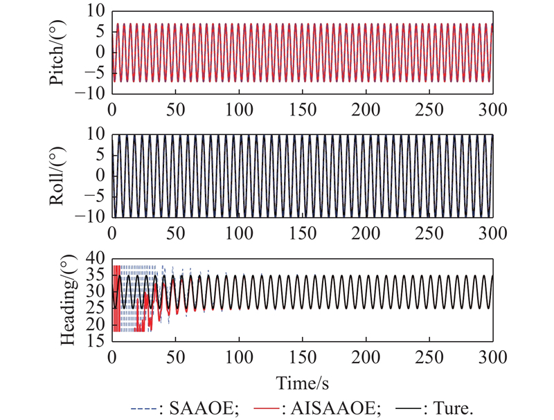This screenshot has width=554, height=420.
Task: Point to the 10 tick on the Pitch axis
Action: point(96,11)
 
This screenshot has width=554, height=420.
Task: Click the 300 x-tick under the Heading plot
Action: point(492,358)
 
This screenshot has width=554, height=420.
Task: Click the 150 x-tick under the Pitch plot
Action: point(302,109)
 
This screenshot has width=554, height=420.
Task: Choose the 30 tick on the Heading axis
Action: point(96,291)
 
